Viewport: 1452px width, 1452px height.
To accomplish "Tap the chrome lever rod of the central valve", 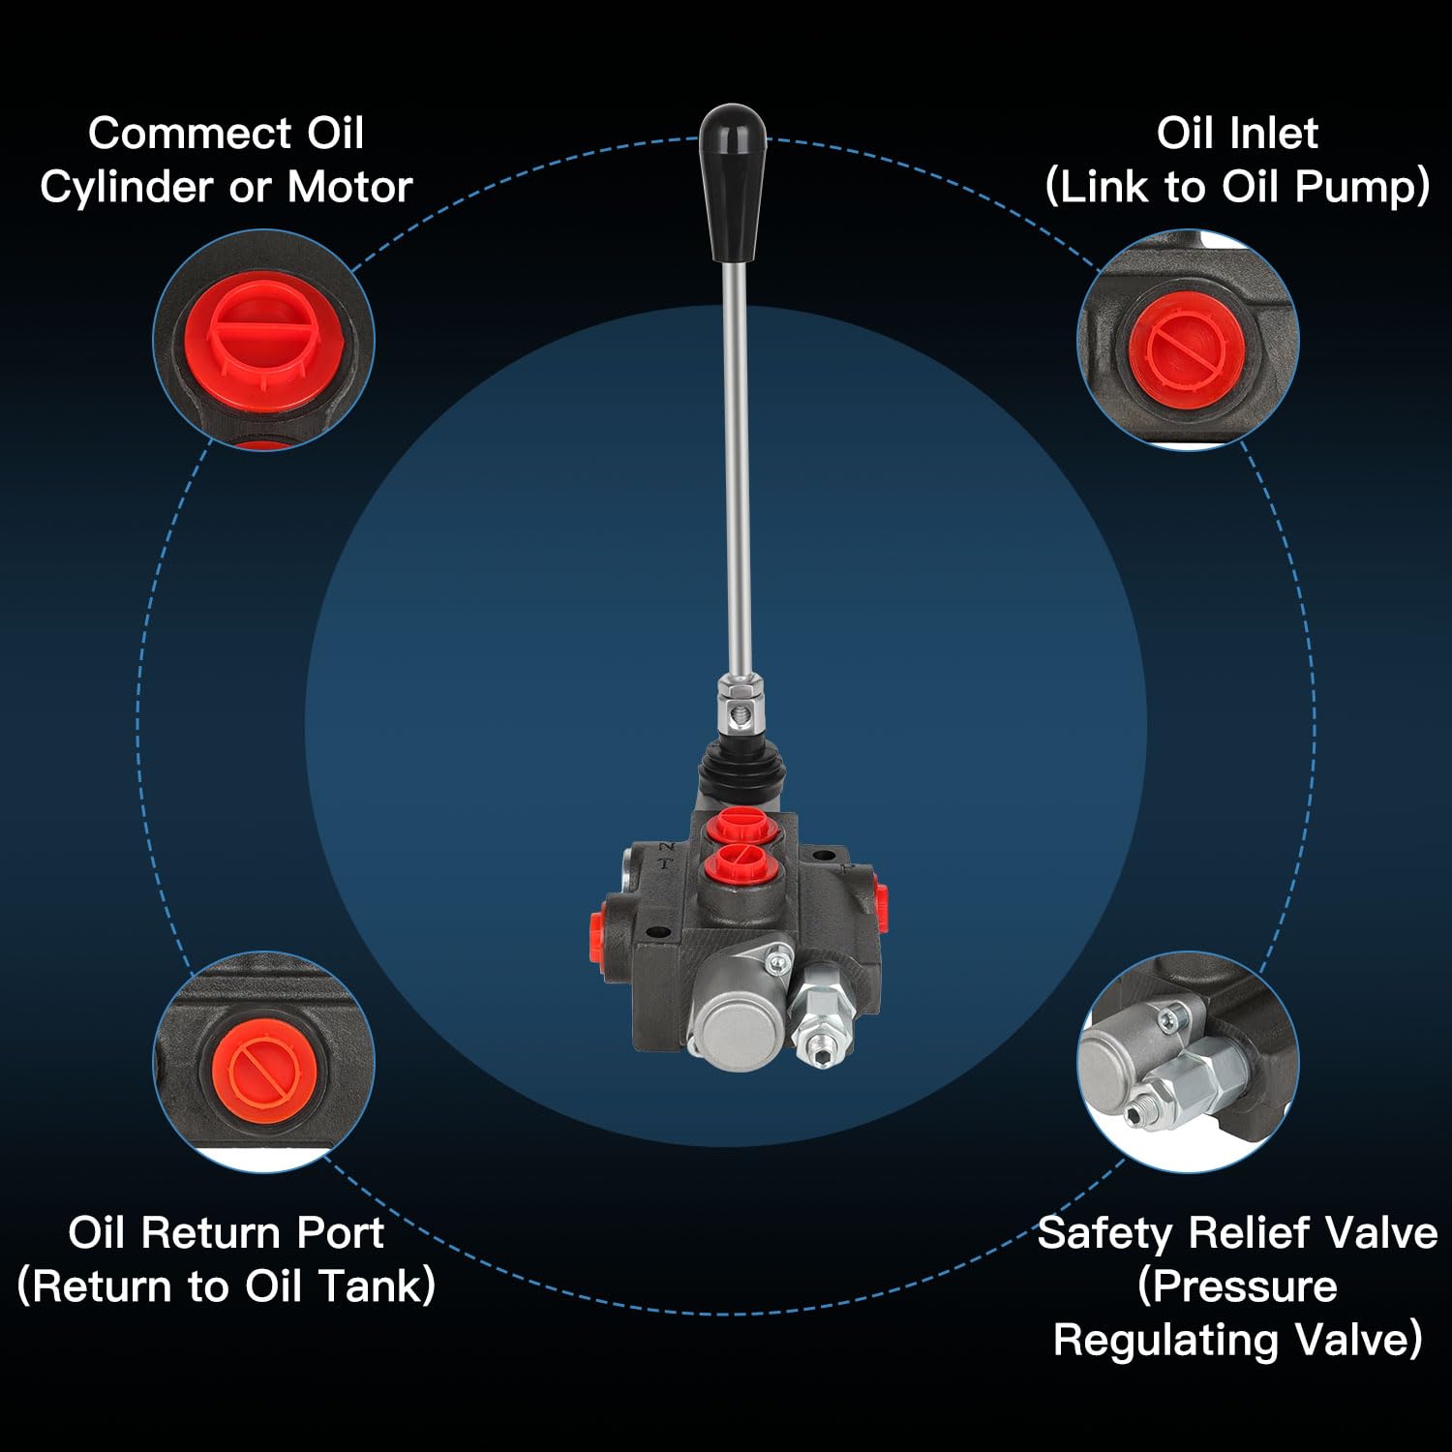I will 738,465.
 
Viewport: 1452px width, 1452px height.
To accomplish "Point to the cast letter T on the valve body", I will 665,864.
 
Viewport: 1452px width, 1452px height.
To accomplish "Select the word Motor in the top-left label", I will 349,187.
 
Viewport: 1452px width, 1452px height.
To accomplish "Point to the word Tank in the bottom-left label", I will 372,1286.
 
